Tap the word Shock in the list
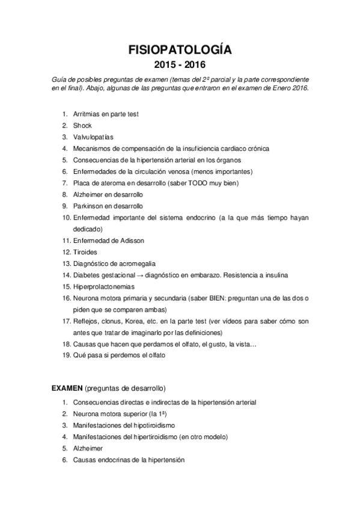pos(82,126)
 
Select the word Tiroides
pos(85,252)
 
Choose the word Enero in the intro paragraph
pos(279,89)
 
